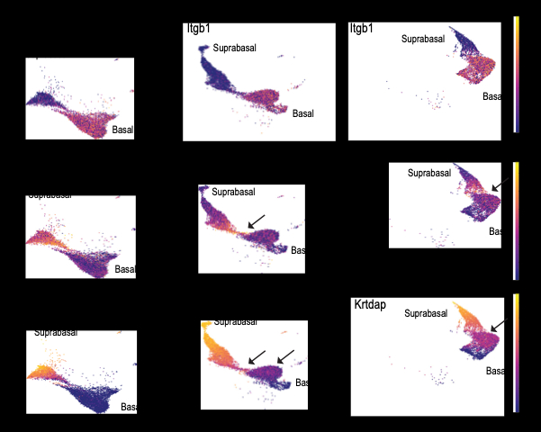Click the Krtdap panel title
coord(369,305)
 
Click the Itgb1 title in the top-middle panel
coord(198,30)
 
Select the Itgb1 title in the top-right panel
coord(362,30)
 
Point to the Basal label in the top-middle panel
coord(303,112)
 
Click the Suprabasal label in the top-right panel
coord(423,39)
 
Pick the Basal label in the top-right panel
coord(491,96)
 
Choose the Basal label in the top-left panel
coord(122,130)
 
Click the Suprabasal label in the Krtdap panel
coord(427,313)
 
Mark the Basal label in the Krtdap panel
coord(493,370)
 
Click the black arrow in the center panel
coord(256,220)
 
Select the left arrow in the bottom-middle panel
coord(257,357)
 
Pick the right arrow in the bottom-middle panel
coord(285,357)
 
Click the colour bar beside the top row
coord(516,74)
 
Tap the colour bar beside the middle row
coord(516,204)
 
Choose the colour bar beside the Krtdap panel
coord(516,353)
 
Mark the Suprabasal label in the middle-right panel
coord(429,173)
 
